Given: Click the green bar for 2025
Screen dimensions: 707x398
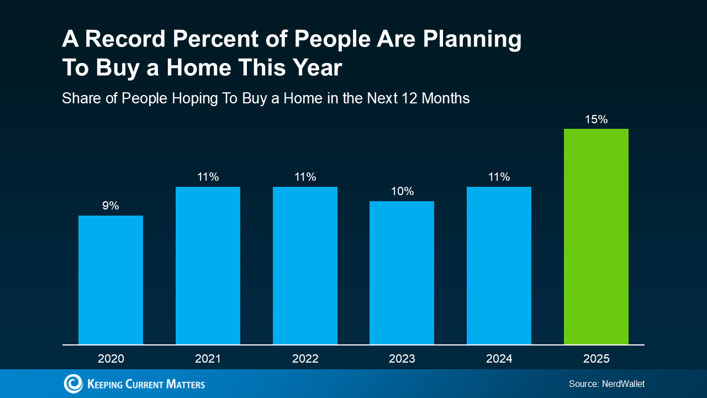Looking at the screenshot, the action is click(596, 237).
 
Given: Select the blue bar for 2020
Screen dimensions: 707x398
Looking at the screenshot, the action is click(110, 280).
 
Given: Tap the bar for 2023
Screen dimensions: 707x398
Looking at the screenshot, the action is click(402, 273).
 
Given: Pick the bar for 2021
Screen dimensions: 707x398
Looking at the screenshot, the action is click(208, 266).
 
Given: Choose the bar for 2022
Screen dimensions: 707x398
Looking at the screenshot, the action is click(305, 266).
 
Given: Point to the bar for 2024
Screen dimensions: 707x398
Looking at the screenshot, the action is click(499, 266).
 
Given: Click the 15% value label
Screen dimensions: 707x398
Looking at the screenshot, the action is click(596, 119).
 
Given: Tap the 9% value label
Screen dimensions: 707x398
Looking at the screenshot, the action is click(110, 206).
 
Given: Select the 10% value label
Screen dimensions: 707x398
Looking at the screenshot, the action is click(403, 191).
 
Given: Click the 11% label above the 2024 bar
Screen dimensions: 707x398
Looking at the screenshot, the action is click(499, 177).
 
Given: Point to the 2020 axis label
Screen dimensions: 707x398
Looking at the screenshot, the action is click(111, 359).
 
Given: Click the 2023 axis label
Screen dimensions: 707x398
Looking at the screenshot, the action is click(402, 359).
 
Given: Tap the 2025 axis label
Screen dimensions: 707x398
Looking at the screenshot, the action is click(596, 359).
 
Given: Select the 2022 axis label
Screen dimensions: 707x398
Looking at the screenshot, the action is click(305, 359).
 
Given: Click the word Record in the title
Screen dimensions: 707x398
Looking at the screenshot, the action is click(125, 39).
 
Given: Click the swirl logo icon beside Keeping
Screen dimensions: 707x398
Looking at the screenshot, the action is click(73, 384).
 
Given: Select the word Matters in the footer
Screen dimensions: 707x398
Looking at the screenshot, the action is click(186, 384).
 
